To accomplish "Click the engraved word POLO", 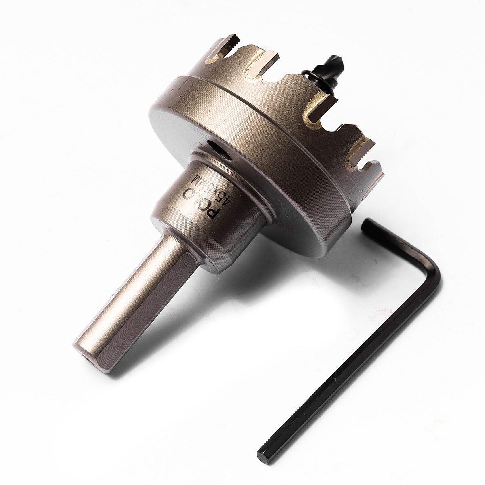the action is click(x=201, y=200).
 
